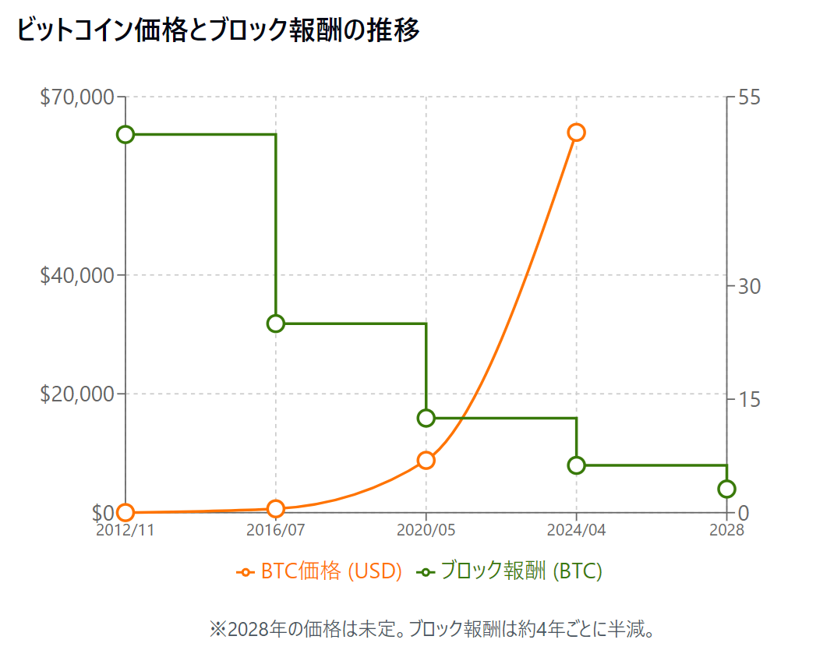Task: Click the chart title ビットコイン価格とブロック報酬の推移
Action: pos(218,31)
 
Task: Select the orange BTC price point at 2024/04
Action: pos(576,132)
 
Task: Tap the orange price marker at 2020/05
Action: pos(426,460)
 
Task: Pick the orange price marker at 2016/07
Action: pos(276,508)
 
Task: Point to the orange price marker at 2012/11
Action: pos(125,512)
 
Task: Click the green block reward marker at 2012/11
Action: pos(125,134)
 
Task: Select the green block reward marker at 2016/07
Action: pos(276,323)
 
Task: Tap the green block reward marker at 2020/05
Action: pos(426,418)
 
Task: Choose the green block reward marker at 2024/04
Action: pos(576,465)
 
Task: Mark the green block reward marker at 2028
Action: pos(726,489)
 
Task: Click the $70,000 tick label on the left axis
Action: pos(76,97)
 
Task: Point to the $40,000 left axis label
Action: pos(76,275)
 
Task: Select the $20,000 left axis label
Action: pos(76,394)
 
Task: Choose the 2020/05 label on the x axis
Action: pos(426,530)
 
